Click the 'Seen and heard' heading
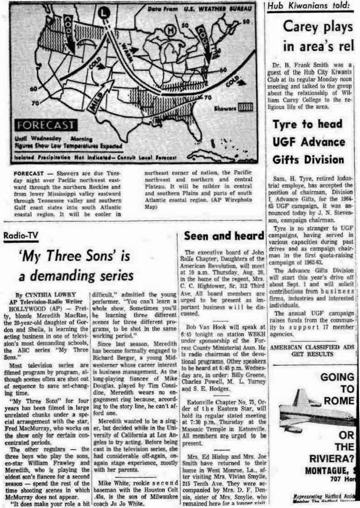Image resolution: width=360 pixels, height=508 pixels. [x=224, y=236]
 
